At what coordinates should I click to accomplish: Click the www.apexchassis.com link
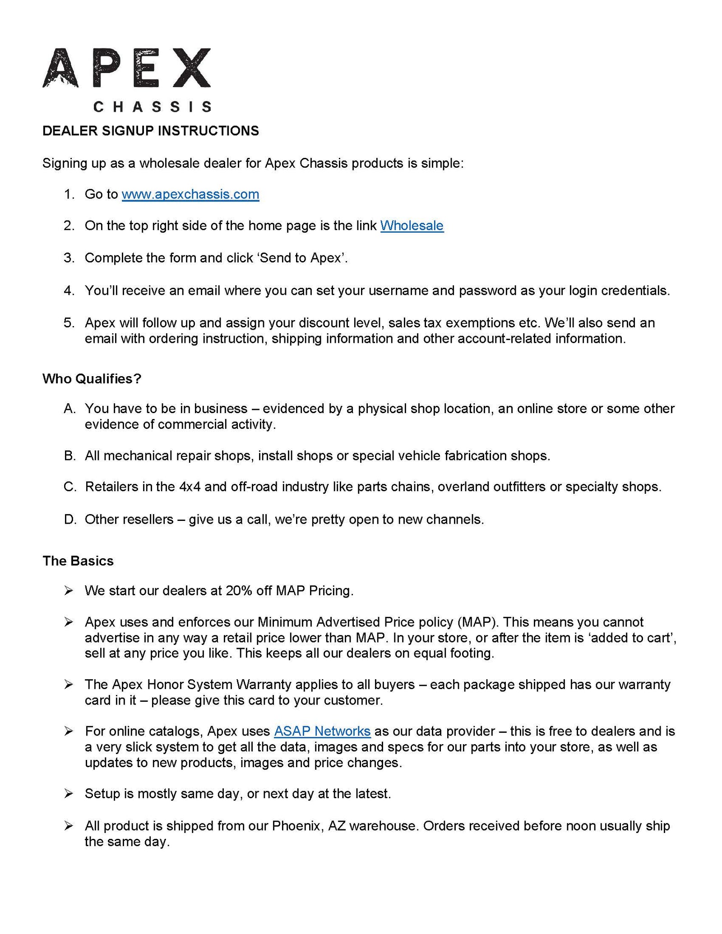pyautogui.click(x=190, y=194)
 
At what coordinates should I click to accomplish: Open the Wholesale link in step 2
pyautogui.click(x=412, y=225)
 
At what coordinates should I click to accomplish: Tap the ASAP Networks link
pyautogui.click(x=322, y=731)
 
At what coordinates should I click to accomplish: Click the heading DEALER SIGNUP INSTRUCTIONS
pyautogui.click(x=151, y=131)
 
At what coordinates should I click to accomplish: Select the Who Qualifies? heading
pyautogui.click(x=92, y=378)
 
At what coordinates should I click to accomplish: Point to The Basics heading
pyautogui.click(x=78, y=561)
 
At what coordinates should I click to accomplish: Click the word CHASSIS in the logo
pyautogui.click(x=153, y=107)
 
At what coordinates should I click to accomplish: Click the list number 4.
pyautogui.click(x=69, y=290)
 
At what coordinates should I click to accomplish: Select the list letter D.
pyautogui.click(x=69, y=519)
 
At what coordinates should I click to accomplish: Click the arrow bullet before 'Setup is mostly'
pyautogui.click(x=69, y=794)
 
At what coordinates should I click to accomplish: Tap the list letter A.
pyautogui.click(x=69, y=409)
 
